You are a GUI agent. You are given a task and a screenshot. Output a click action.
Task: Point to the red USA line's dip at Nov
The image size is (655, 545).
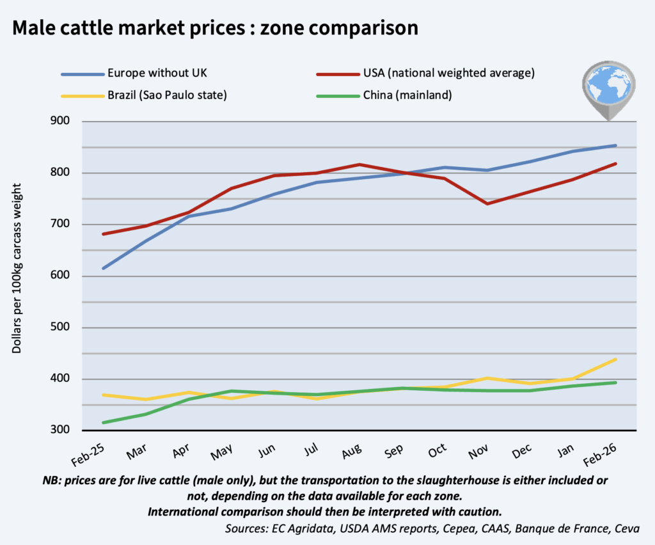(x=488, y=203)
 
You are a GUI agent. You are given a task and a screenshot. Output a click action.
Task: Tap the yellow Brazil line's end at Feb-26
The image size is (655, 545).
(x=615, y=359)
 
